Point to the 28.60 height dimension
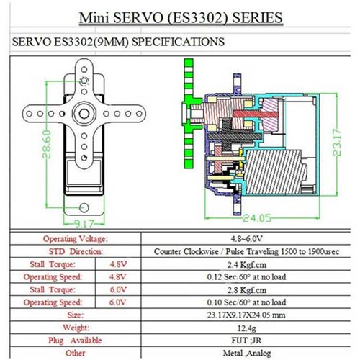47,144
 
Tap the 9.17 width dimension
84,224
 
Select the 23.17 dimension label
337,143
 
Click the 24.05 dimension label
257,218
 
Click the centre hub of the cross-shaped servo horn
84,114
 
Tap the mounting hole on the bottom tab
84,207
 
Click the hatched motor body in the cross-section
274,172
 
